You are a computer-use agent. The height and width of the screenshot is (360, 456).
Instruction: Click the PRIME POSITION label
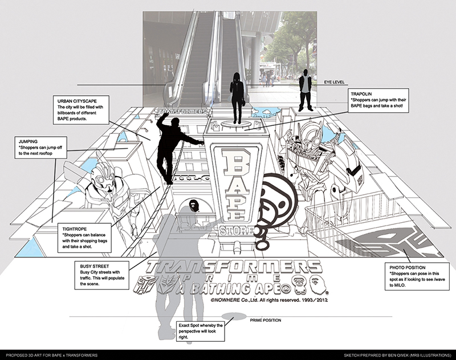pos(266,321)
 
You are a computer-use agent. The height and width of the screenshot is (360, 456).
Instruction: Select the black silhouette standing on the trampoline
pos(235,98)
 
